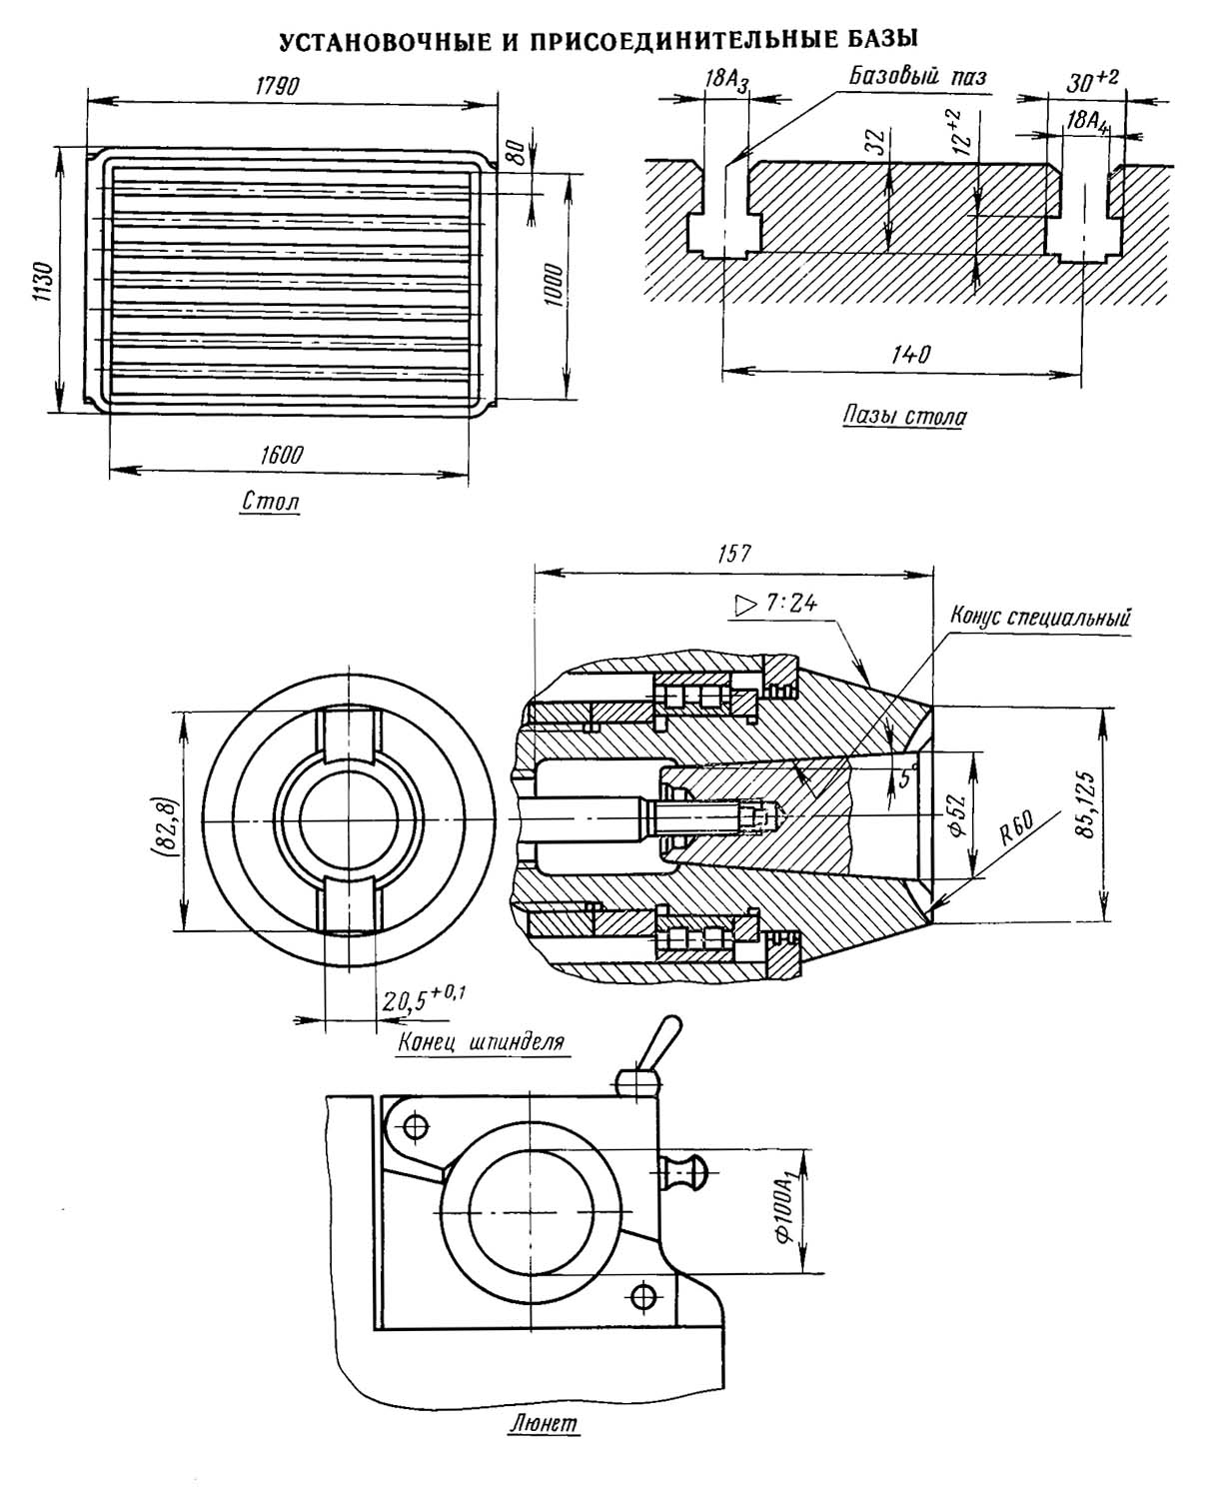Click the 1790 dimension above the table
pyautogui.click(x=277, y=85)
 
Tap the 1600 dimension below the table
pyautogui.click(x=281, y=454)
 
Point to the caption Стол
pyautogui.click(x=271, y=502)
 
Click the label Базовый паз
pyautogui.click(x=916, y=75)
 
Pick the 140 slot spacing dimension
pyautogui.click(x=910, y=353)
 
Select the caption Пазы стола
pyautogui.click(x=904, y=416)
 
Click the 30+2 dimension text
pyautogui.click(x=1091, y=80)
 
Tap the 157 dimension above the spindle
pyautogui.click(x=734, y=554)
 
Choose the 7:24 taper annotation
pyautogui.click(x=775, y=604)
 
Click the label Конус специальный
pyautogui.click(x=1040, y=617)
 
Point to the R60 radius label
pyautogui.click(x=1017, y=827)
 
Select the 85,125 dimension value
pyautogui.click(x=1085, y=804)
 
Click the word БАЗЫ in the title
pyautogui.click(x=880, y=40)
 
